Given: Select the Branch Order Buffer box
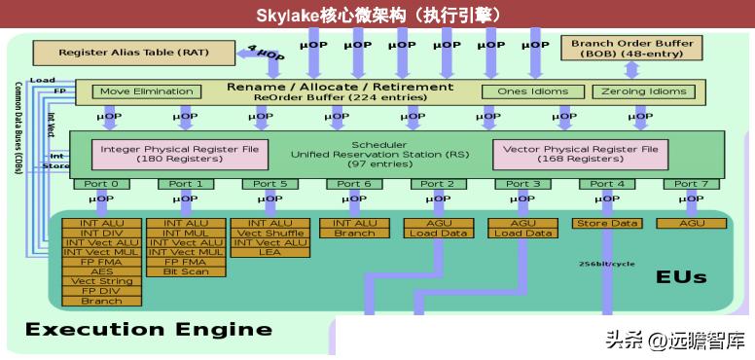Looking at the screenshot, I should click(x=631, y=49).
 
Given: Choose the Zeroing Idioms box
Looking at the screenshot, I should click(x=642, y=92).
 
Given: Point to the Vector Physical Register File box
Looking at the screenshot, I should click(x=582, y=154).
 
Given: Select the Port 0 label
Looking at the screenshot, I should click(x=101, y=184).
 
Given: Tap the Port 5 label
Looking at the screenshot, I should click(x=270, y=184).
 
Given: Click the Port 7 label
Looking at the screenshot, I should click(x=692, y=184).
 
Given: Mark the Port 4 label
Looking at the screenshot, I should click(x=608, y=184).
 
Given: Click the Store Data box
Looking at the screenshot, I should click(x=608, y=224).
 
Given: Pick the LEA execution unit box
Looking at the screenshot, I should click(x=270, y=253).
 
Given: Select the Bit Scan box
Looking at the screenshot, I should click(x=185, y=272).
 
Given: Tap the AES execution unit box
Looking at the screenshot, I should click(x=101, y=272).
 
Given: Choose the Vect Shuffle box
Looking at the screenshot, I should click(x=270, y=234).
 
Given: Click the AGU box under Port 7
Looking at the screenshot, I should click(x=692, y=224).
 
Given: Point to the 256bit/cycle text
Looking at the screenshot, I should click(x=605, y=264).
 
